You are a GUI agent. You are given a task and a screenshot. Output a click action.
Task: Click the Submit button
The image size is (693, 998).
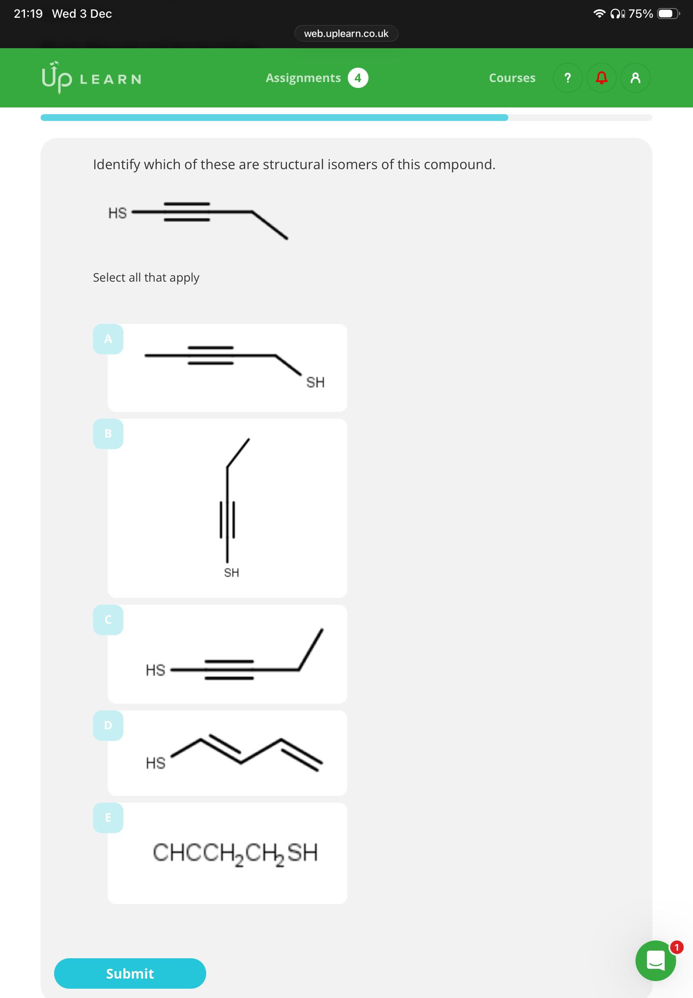point(130,973)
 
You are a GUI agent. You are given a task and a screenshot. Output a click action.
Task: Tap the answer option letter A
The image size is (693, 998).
point(108,339)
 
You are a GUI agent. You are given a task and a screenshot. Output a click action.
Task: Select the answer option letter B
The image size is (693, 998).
point(108,433)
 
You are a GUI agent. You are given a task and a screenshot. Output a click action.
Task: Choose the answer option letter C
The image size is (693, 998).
point(108,620)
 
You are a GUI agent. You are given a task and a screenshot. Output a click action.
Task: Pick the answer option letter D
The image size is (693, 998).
point(108,725)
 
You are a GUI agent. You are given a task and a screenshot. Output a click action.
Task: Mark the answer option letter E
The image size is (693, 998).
point(108,817)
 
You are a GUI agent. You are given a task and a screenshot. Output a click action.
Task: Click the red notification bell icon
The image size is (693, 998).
point(601,78)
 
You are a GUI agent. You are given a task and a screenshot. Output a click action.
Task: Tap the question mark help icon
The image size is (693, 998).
point(567,78)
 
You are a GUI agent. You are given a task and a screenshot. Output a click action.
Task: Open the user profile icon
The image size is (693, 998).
point(635,78)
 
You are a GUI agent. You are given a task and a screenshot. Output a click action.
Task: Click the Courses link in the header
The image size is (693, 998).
point(512,78)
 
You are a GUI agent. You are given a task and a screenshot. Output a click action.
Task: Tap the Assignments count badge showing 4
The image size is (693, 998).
point(358,78)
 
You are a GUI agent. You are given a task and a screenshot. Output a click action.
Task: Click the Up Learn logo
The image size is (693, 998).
point(92,78)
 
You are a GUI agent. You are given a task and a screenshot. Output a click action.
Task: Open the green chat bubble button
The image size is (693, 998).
point(655,960)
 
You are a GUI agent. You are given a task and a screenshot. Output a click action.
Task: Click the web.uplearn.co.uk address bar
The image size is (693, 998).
point(346,33)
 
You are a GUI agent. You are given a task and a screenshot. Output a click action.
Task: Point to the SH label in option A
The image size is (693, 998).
point(315,382)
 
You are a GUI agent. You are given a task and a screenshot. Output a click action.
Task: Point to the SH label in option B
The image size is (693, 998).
point(232,573)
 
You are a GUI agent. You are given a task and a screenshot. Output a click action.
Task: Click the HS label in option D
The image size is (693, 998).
point(156,763)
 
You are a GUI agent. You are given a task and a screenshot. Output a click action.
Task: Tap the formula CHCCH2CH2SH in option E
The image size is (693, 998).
point(235,853)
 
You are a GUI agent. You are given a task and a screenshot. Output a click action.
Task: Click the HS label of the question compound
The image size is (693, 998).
point(117,213)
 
